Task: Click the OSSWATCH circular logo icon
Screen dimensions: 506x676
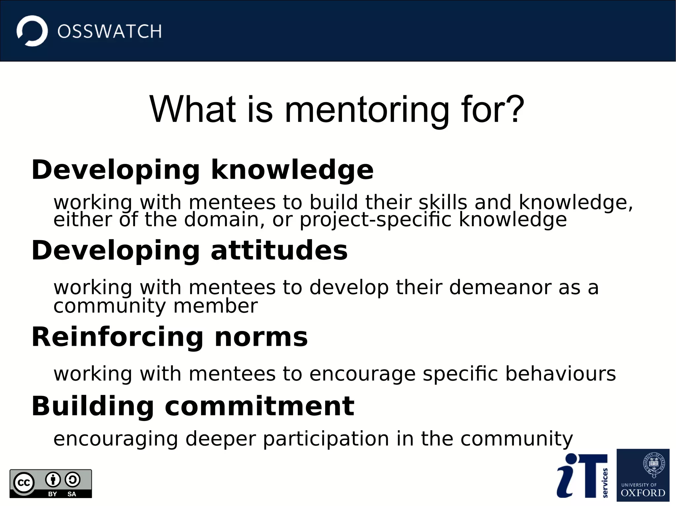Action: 32,31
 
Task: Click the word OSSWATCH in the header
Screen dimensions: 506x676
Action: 110,32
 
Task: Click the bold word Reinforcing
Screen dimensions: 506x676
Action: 118,337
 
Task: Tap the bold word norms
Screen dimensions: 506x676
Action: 261,337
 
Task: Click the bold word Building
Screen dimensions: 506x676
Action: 93,406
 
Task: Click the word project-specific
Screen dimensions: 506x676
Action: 375,220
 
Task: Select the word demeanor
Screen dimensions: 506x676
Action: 500,287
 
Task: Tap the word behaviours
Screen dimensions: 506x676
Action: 560,374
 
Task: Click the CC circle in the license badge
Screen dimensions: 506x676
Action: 24,483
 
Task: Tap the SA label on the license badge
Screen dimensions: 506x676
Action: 72,494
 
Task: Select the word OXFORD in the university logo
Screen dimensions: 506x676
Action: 643,493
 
